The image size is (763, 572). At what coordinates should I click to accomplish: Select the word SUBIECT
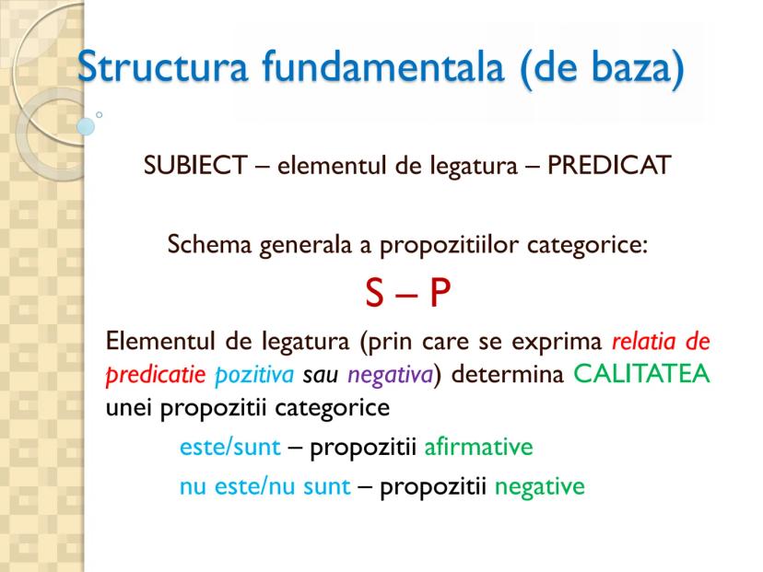(x=195, y=166)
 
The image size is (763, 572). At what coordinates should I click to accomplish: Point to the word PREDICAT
(x=609, y=166)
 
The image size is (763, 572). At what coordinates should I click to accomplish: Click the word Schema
(x=210, y=244)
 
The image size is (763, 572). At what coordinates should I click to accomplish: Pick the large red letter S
(x=374, y=293)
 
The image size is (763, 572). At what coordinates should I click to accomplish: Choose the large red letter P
(x=440, y=293)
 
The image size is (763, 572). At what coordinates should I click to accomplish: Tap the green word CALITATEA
(x=642, y=374)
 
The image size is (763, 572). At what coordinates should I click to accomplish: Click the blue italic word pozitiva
(x=254, y=376)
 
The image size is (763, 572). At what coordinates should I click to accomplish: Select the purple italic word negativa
(x=391, y=376)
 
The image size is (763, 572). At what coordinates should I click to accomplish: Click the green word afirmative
(x=479, y=447)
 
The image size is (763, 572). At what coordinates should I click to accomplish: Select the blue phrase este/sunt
(x=230, y=447)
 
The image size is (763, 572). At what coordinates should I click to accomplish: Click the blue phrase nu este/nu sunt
(x=265, y=486)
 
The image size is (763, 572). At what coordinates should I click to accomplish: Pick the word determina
(x=508, y=374)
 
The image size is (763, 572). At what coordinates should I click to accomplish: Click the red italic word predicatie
(x=156, y=376)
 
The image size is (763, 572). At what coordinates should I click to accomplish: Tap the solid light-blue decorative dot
(x=86, y=126)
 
